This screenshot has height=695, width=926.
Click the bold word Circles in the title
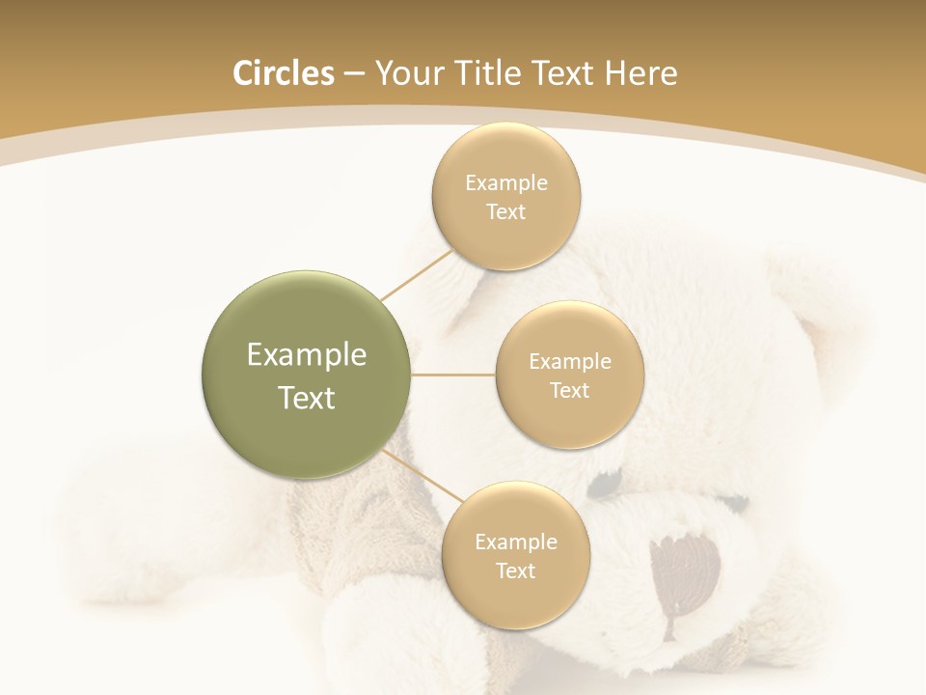pyautogui.click(x=283, y=73)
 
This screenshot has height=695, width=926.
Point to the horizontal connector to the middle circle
pyautogui.click(x=453, y=375)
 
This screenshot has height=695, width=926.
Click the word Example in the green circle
pyautogui.click(x=307, y=355)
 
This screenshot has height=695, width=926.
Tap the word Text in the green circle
pyautogui.click(x=307, y=398)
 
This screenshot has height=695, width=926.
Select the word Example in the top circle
pyautogui.click(x=506, y=182)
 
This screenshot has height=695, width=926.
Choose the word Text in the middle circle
pyautogui.click(x=570, y=390)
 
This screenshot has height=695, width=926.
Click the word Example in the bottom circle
pyautogui.click(x=516, y=542)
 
